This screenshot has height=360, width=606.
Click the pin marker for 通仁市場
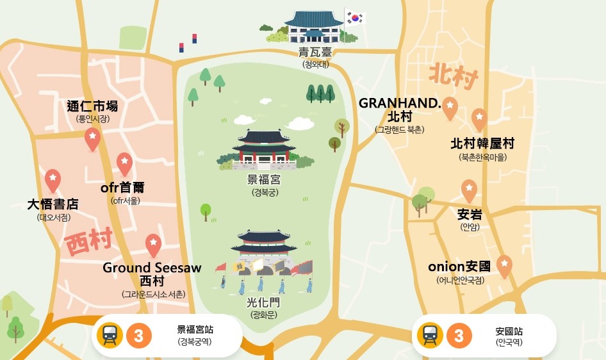coord(93,138)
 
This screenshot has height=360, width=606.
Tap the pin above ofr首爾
coord(124,163)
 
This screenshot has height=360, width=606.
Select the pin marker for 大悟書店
coord(53,179)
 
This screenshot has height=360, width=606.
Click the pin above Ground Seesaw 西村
coord(152,243)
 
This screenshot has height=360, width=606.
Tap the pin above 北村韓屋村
coord(479,118)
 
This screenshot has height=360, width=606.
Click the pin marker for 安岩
coord(470,190)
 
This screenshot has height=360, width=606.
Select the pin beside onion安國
coord(504,265)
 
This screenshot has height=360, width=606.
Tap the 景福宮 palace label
coord(264,180)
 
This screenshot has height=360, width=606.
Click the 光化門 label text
coord(264,302)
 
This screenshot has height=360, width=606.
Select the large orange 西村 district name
coord(88,242)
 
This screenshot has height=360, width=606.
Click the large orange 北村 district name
coord(454,76)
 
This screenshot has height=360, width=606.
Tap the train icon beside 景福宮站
coord(110,336)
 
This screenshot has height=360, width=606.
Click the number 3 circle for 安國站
coord(459,336)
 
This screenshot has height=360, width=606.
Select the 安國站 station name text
coord(509,332)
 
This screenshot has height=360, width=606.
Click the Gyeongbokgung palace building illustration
coord(264,149)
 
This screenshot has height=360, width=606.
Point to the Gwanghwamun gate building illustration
coord(264,247)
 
